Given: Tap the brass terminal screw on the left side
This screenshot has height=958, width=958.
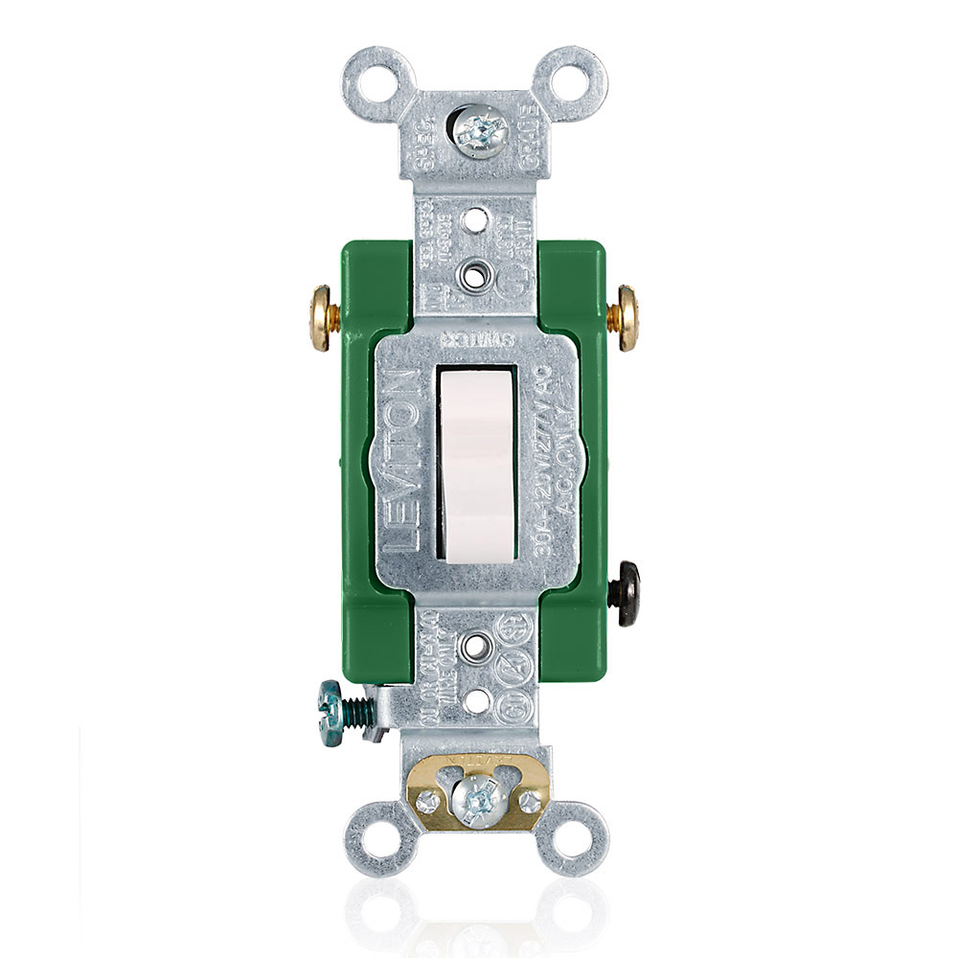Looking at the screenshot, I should coord(320,316).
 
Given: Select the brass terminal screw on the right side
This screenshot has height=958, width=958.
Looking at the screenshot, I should coord(629,317).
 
